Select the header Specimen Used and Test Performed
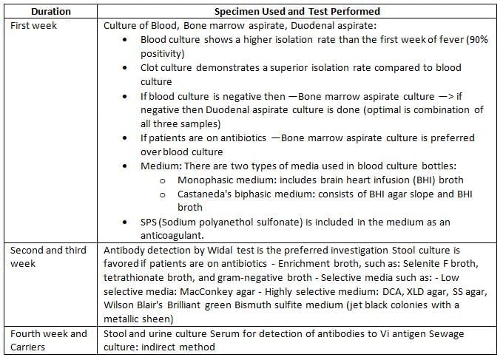[297, 12]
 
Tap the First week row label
[33, 26]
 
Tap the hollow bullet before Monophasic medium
[162, 180]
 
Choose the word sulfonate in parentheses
[281, 222]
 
